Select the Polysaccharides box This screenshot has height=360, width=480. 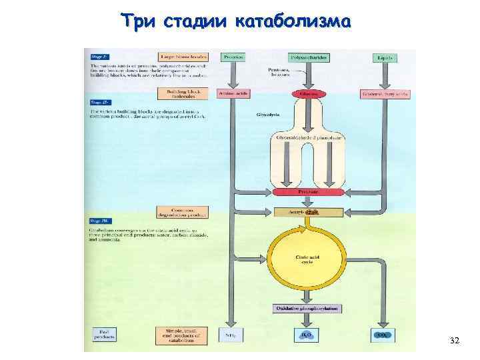tap(307, 58)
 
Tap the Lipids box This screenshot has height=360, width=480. tap(385, 58)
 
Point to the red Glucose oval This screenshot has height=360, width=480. tap(307, 95)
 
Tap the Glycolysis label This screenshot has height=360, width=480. tap(267, 115)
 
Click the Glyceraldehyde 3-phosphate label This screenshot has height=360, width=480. tap(307, 138)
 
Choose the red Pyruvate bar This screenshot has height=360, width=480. tap(307, 191)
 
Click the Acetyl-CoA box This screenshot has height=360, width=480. tap(307, 212)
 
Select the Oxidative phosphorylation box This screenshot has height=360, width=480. tap(307, 309)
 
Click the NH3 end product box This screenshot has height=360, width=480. tap(232, 335)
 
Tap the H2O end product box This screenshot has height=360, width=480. tap(307, 335)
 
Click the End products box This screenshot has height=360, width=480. tap(104, 335)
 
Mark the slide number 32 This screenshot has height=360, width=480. tap(455, 341)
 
